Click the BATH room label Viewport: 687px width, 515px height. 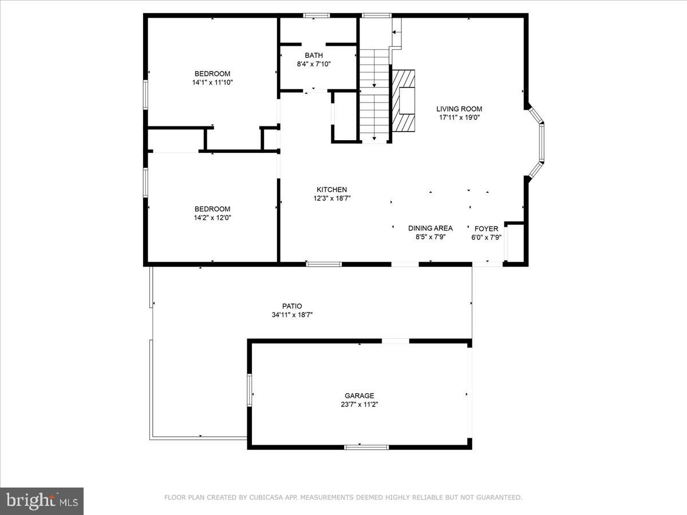(313, 56)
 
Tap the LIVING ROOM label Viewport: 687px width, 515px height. (459, 109)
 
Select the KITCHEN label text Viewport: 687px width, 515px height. (332, 190)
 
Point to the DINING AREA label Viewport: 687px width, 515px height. (430, 228)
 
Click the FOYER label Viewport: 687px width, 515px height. (486, 229)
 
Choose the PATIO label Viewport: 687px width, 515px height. (292, 306)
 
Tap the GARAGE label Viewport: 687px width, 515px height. (359, 395)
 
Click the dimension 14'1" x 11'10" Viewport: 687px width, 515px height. (212, 82)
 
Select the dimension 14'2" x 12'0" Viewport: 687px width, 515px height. (212, 217)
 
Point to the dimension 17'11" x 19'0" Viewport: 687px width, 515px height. (459, 118)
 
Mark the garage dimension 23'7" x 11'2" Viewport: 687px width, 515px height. (359, 404)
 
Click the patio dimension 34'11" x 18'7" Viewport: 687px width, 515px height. (292, 315)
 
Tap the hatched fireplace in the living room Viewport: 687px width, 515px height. (404, 101)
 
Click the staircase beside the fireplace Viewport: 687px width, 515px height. (374, 94)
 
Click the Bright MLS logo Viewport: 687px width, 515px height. (42, 501)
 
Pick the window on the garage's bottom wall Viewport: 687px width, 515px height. (366, 447)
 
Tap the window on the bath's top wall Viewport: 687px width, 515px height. (316, 15)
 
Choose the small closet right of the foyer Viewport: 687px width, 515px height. (514, 244)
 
